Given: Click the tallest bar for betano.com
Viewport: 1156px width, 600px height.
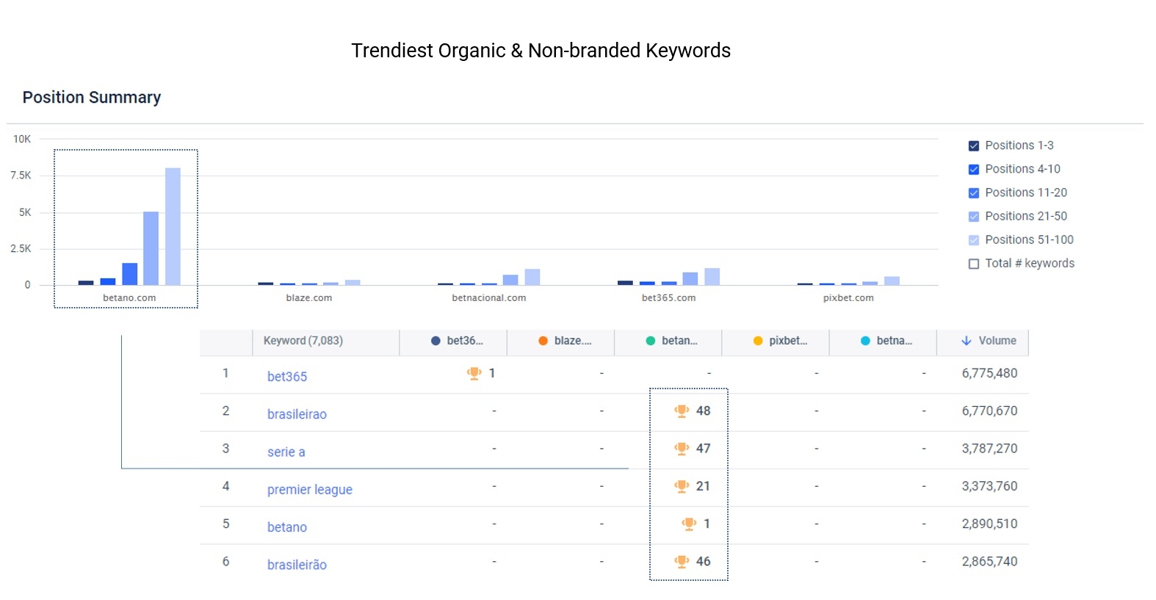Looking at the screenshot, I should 173,226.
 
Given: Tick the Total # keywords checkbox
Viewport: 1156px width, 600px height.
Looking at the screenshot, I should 974,264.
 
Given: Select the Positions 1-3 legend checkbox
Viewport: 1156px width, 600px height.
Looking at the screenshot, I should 974,146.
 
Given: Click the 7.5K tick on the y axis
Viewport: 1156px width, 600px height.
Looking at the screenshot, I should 21,176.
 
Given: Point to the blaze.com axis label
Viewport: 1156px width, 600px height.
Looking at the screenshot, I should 308,298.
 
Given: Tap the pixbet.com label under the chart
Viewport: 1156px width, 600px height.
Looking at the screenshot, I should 848,298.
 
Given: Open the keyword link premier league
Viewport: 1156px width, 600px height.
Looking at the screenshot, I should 309,490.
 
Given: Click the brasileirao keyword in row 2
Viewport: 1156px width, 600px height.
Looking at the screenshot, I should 297,414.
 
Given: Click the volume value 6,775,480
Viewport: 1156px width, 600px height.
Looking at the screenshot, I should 989,373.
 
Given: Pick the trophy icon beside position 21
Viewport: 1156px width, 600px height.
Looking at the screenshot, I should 682,486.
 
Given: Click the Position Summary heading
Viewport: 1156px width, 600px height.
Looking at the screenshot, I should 92,98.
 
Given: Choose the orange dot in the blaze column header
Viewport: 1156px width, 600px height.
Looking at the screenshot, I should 543,341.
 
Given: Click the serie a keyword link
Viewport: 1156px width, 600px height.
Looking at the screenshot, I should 286,452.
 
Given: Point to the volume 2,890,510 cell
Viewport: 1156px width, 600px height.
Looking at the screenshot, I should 989,524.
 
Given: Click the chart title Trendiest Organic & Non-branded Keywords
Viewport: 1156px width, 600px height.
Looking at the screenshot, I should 541,51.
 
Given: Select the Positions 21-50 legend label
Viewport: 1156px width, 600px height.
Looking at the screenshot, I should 1025,216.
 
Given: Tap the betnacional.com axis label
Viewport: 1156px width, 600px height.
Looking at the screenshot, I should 488,298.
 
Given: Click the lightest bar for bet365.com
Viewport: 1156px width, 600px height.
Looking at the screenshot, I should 712,277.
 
